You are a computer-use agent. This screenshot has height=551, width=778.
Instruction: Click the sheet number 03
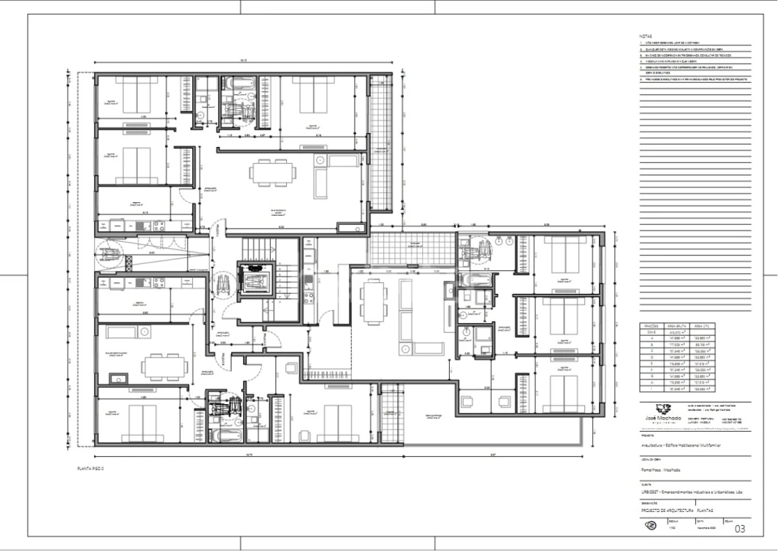(x=739, y=528)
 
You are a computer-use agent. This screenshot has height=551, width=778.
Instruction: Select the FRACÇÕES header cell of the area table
(x=653, y=325)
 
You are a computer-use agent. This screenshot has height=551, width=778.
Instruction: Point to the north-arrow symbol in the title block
(x=650, y=526)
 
